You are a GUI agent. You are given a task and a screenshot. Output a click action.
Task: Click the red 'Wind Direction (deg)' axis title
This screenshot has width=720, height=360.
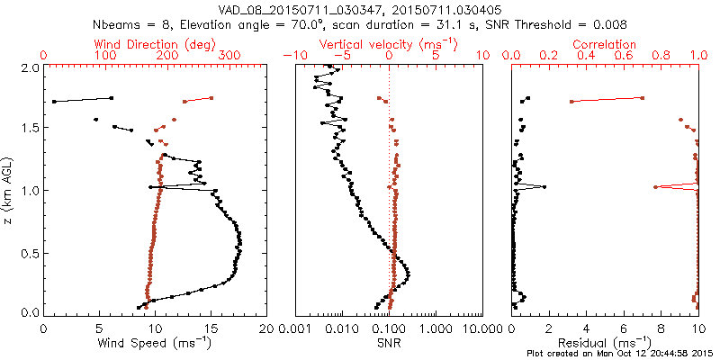pos(156,43)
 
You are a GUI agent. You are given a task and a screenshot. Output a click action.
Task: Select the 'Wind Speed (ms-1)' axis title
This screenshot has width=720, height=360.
pos(155,343)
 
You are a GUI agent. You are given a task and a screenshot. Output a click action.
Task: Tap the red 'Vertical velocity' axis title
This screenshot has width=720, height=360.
pos(389,43)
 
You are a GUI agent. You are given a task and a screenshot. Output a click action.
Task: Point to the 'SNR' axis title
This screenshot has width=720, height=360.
pos(389,343)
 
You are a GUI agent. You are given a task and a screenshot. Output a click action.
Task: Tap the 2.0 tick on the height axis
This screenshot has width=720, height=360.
pos(29,67)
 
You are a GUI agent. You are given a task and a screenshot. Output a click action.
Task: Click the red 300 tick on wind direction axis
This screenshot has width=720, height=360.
pos(229,56)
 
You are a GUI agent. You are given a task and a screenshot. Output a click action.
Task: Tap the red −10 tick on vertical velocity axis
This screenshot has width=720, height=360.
pos(294,56)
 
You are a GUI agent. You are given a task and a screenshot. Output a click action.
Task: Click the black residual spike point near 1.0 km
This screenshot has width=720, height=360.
pos(544,186)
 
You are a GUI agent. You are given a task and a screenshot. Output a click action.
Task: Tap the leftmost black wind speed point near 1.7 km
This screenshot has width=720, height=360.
pos(54,102)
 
